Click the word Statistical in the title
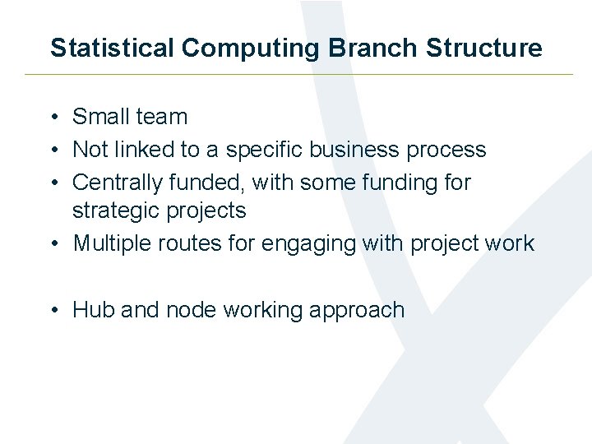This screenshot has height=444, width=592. pyautogui.click(x=113, y=48)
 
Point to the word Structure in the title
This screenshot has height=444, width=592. pyautogui.click(x=484, y=48)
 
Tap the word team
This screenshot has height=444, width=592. pyautogui.click(x=163, y=118)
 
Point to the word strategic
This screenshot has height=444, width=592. pyautogui.click(x=117, y=211)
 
